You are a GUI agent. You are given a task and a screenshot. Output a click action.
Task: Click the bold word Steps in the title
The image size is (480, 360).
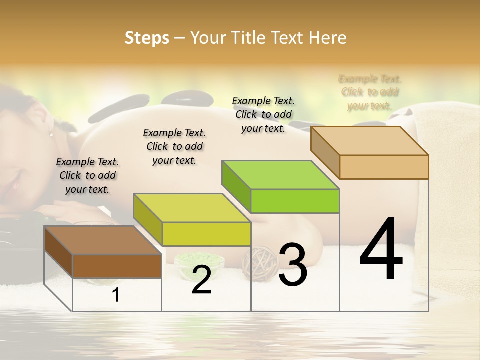click(x=147, y=38)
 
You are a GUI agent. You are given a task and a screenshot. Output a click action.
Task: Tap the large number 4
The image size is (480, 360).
click(x=381, y=250)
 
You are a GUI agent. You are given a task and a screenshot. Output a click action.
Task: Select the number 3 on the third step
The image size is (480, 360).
click(x=292, y=265)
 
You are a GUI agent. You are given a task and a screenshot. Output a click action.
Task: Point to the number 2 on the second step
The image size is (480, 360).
click(x=201, y=280)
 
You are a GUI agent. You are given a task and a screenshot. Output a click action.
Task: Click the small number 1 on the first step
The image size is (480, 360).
click(x=116, y=295)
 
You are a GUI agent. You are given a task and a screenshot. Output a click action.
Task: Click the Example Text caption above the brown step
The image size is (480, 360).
click(x=87, y=175)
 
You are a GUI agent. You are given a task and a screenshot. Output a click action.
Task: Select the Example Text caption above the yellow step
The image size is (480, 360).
click(x=174, y=146)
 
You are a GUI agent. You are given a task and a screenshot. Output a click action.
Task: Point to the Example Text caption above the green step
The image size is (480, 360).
click(x=263, y=114)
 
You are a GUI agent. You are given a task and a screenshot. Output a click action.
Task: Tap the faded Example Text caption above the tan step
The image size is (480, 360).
click(x=370, y=92)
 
